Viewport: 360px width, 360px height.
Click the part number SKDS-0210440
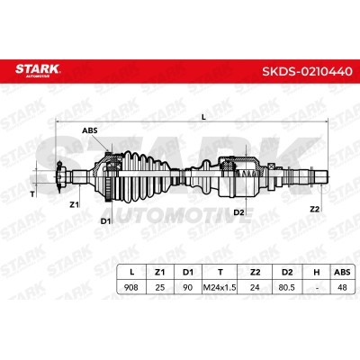(307, 71)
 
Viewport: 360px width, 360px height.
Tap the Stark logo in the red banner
(38, 70)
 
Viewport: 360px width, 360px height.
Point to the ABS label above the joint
(90, 130)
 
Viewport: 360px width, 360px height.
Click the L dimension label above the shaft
(203, 117)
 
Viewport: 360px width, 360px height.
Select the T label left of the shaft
(32, 194)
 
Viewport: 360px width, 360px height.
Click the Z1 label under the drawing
(74, 204)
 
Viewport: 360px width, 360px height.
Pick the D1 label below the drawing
(105, 221)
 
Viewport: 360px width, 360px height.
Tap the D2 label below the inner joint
(238, 212)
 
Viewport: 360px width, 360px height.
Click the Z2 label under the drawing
(315, 209)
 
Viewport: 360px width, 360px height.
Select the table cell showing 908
(131, 287)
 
